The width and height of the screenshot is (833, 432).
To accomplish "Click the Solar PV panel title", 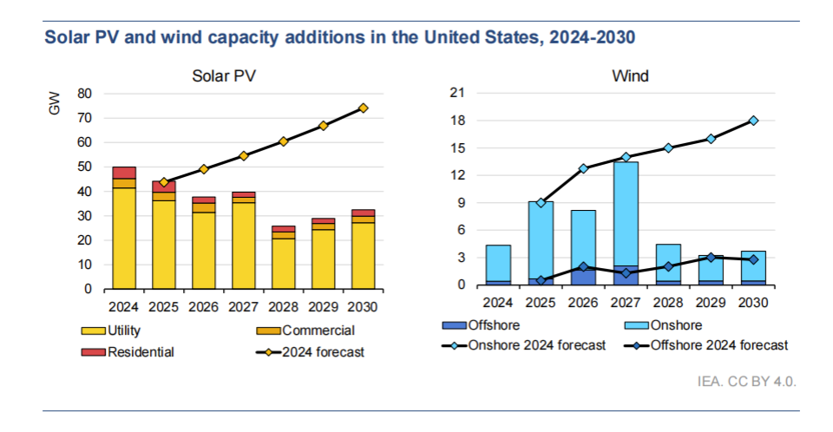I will pos(224,76).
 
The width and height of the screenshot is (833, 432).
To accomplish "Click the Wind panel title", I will pos(630,76).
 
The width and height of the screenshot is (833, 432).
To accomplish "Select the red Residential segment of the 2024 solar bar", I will pos(124,172).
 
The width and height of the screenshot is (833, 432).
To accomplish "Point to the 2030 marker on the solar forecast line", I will pos(364,108).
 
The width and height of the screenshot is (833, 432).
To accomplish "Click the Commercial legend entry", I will pos(318,331).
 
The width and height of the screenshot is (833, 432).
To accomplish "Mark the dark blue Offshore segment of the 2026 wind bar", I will pos(583,277).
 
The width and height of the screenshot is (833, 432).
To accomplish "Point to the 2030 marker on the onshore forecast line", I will pos(754,121).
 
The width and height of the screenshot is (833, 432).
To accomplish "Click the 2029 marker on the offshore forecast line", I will pos(712,258).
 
